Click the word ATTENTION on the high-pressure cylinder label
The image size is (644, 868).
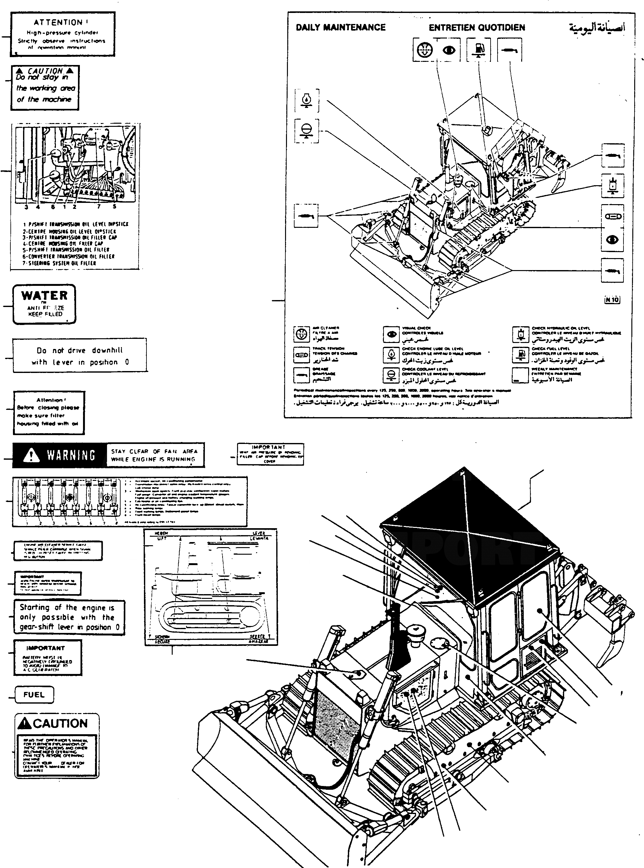click(58, 23)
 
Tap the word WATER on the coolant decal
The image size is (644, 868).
click(45, 296)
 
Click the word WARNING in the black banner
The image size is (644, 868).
click(71, 455)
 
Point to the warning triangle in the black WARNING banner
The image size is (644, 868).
click(31, 455)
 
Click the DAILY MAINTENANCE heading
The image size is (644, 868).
click(340, 27)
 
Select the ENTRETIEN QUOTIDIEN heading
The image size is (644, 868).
click(477, 27)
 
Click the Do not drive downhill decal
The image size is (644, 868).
click(80, 356)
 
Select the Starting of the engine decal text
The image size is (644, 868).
click(69, 617)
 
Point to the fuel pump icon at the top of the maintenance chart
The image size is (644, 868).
click(478, 50)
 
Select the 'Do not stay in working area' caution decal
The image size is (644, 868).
click(45, 88)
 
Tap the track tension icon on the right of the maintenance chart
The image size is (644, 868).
click(612, 216)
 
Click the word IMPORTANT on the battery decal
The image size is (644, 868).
click(45, 648)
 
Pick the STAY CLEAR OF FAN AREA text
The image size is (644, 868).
click(154, 455)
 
